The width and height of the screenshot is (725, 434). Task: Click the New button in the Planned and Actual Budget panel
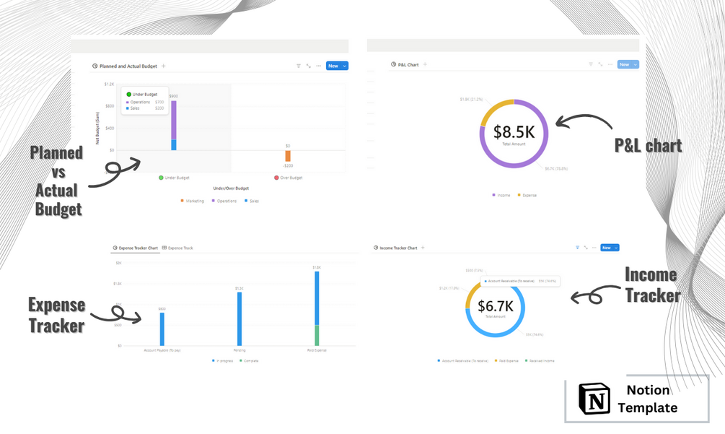333,66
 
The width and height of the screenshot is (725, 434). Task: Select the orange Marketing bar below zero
288,156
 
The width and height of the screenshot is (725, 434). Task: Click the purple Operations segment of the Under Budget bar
173,120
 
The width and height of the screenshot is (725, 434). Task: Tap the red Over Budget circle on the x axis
276,178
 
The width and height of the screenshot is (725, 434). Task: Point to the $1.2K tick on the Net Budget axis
109,84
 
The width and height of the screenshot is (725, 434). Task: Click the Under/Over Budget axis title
231,188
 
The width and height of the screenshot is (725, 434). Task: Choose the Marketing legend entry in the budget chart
193,201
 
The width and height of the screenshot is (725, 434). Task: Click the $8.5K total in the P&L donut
514,132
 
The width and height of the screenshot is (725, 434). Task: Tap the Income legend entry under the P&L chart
502,195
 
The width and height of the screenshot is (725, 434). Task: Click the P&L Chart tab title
408,65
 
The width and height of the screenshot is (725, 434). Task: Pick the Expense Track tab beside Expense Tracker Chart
180,248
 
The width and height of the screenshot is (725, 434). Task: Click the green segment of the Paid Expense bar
317,335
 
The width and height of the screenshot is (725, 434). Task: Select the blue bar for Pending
240,318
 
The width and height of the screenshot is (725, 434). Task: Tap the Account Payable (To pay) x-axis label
162,350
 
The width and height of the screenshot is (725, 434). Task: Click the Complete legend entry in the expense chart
250,360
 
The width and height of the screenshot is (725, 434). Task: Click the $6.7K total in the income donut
495,305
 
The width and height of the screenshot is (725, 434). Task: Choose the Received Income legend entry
540,360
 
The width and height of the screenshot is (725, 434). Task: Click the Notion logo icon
594,399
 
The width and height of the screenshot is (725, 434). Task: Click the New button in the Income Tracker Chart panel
607,248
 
